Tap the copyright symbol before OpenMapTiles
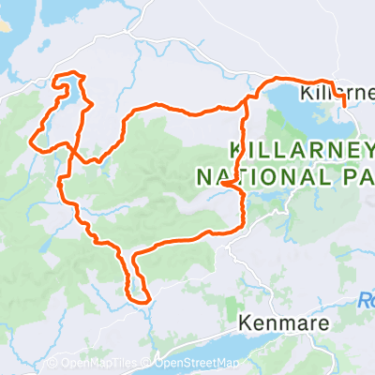(x=53, y=364)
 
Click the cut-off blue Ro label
(x=367, y=301)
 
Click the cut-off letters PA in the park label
(x=351, y=175)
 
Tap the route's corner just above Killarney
(x=323, y=82)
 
